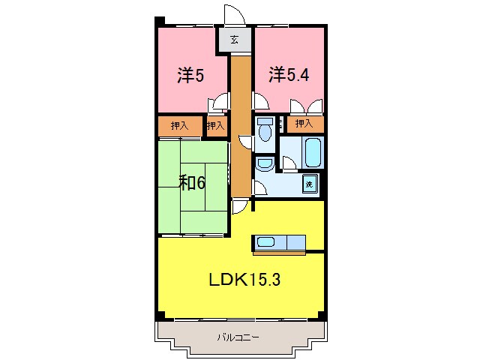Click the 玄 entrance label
pyautogui.click(x=234, y=40)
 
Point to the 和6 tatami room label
pyautogui.click(x=192, y=182)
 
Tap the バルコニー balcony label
pyautogui.click(x=238, y=337)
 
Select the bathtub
pyautogui.click(x=313, y=152)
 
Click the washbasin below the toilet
pyautogui.click(x=264, y=163)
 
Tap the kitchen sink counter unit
pyautogui.click(x=280, y=241)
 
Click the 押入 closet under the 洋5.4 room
pyautogui.click(x=304, y=124)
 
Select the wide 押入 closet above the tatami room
pyautogui.click(x=179, y=126)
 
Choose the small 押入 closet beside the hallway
pyautogui.click(x=215, y=126)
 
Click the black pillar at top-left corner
pyautogui.click(x=159, y=20)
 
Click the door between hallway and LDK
pyautogui.click(x=240, y=207)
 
